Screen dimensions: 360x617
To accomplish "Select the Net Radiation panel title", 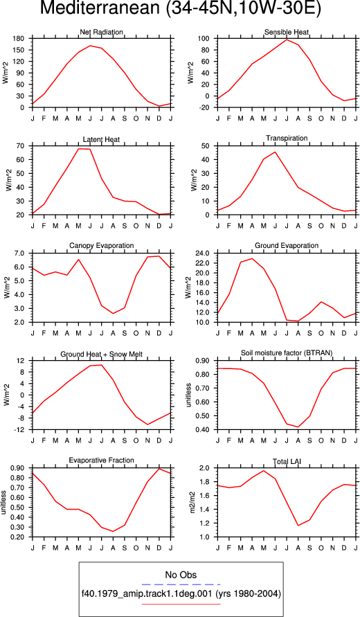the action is click(x=102, y=33).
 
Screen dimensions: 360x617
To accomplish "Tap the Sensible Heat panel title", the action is click(x=287, y=33).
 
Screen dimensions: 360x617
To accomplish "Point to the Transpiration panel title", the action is click(x=287, y=138).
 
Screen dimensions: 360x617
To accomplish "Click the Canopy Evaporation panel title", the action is click(x=102, y=246).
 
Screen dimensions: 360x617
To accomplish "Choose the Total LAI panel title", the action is click(x=287, y=460).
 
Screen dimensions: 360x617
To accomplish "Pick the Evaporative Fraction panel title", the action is click(x=102, y=460).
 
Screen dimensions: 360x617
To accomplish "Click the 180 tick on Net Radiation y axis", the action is click(x=21, y=39).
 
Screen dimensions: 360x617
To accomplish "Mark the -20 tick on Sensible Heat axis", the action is click(x=206, y=107).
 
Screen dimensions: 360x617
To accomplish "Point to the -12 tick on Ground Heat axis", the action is click(x=21, y=430).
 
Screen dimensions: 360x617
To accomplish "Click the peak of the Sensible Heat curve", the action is click(x=287, y=39).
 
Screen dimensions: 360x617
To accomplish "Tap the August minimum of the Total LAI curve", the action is click(x=298, y=526).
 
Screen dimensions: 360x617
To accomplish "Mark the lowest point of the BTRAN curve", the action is click(x=298, y=427).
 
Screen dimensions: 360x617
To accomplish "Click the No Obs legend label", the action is click(x=181, y=575).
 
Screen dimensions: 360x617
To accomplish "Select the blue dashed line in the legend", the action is click(x=181, y=584).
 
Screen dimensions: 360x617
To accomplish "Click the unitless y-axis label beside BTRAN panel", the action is click(x=188, y=395).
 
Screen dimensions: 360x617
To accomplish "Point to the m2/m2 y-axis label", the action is click(x=192, y=502).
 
